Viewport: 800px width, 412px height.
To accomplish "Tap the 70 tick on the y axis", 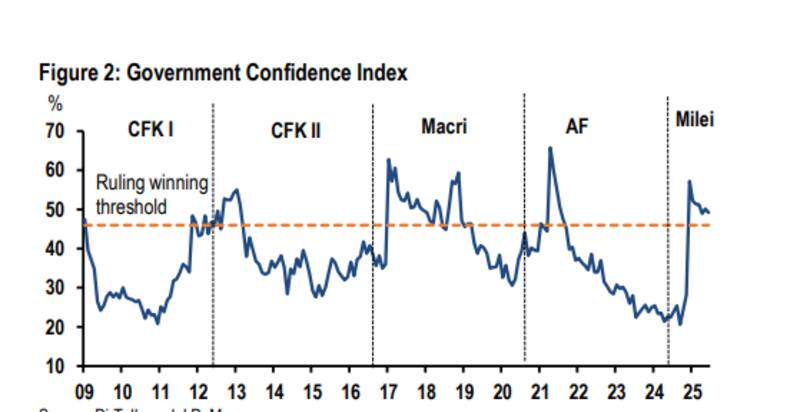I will pyautogui.click(x=53, y=131).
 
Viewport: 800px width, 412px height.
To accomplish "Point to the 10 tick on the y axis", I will pyautogui.click(x=53, y=366).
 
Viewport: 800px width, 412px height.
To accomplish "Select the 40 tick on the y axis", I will pyautogui.click(x=53, y=249).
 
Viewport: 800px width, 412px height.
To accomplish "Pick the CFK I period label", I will pyautogui.click(x=151, y=129).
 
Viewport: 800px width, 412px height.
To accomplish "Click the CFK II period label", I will pyautogui.click(x=295, y=130).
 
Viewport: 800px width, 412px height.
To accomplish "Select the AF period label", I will pyautogui.click(x=576, y=128).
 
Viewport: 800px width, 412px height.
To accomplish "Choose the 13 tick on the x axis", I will pyautogui.click(x=237, y=391).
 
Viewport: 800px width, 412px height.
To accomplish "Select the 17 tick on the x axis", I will pyautogui.click(x=389, y=391).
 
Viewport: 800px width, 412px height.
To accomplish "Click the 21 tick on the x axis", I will pyautogui.click(x=541, y=391).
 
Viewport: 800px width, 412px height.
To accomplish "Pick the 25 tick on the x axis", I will pyautogui.click(x=692, y=391).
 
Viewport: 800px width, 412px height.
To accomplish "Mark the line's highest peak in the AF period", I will pyautogui.click(x=550, y=148).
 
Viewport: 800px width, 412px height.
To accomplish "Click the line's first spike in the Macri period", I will pyautogui.click(x=388, y=159).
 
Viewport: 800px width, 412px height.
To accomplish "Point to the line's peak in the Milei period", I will pyautogui.click(x=689, y=181).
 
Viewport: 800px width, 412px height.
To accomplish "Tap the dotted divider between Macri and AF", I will pyautogui.click(x=525, y=230).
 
